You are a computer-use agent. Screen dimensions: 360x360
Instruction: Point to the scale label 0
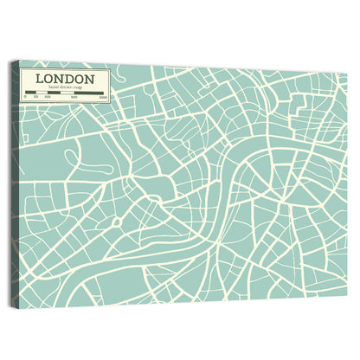pos(26,98)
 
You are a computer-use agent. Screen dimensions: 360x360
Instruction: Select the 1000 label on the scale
pos(103,98)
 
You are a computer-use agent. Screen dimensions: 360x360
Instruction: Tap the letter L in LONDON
pos(40,79)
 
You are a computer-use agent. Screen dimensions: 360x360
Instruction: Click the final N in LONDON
pos(90,79)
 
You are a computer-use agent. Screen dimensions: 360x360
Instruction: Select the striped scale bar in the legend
pos(65,93)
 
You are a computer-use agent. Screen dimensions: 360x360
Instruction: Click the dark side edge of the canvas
pos(14,182)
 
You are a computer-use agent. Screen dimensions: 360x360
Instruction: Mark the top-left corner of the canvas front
pos(20,61)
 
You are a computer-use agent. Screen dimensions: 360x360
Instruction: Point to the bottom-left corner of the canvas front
pos(19,305)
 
